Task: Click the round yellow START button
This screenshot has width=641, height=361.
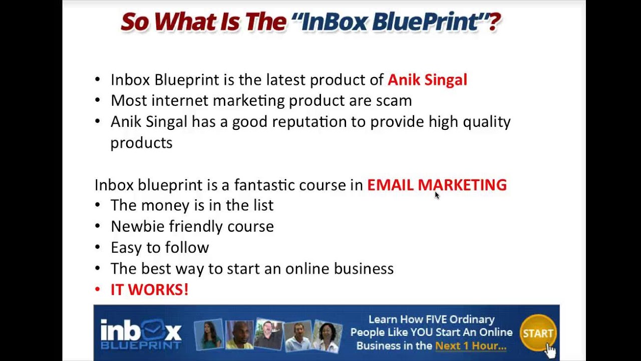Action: pos(538,333)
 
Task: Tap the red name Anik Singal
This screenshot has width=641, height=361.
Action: pos(427,80)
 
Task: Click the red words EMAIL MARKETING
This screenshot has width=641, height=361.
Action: pos(437,185)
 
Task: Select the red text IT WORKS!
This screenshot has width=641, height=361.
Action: pos(149,289)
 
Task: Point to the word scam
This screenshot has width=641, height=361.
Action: pos(394,100)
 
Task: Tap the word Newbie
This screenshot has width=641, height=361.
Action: pos(137,226)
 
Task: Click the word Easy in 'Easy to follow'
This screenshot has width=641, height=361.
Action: pos(125,248)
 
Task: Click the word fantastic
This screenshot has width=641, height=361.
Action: pos(264,185)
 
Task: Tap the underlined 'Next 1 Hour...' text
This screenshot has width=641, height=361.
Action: pos(470,345)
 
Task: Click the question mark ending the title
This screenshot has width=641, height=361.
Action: pos(494,23)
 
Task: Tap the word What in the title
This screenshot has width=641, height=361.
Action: pos(184,23)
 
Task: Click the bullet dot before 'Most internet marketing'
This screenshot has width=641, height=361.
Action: pos(97,100)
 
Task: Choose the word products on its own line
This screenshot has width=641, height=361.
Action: pos(141,143)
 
